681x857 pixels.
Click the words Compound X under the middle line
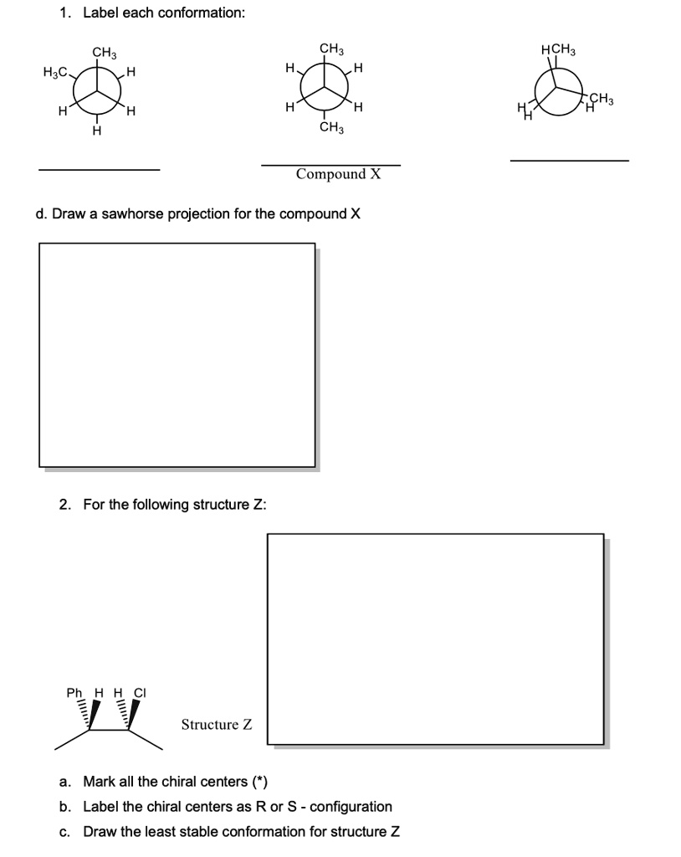pyautogui.click(x=337, y=174)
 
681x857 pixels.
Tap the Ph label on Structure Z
pyautogui.click(x=74, y=693)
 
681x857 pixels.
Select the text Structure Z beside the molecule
pyautogui.click(x=217, y=725)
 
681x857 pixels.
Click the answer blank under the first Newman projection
pyautogui.click(x=99, y=170)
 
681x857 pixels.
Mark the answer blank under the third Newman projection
pyautogui.click(x=569, y=161)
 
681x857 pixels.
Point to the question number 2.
pyautogui.click(x=64, y=505)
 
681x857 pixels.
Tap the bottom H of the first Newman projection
pyautogui.click(x=97, y=131)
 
